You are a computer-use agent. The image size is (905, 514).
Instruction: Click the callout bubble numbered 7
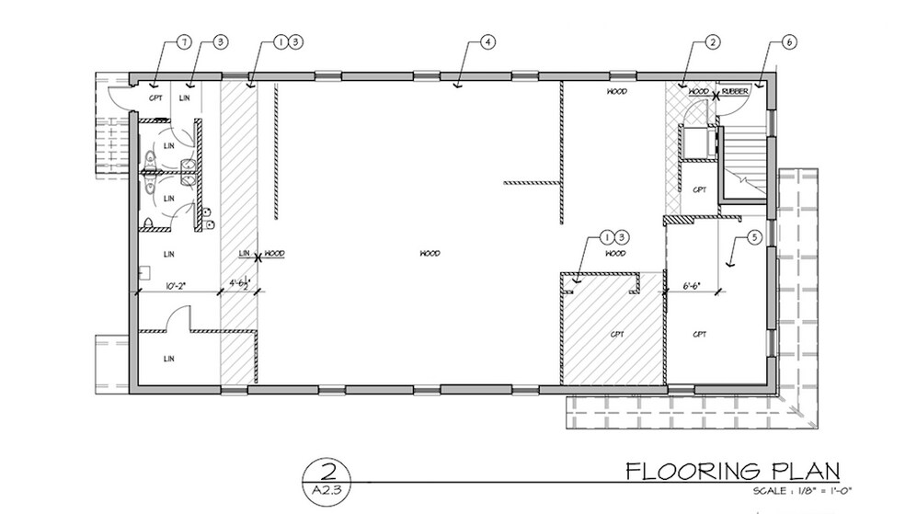point(184,42)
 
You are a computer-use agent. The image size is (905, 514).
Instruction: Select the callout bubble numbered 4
point(487,42)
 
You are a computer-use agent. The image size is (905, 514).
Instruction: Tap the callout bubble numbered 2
point(712,42)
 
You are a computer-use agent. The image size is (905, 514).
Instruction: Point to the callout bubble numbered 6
point(790,42)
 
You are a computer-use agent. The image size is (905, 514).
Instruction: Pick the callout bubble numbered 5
point(754,238)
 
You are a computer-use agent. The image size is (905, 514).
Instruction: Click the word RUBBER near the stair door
point(735,92)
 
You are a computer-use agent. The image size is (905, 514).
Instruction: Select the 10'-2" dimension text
point(177,286)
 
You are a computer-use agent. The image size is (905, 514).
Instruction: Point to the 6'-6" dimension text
point(692,286)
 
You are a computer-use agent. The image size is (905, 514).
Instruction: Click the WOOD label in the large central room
point(430,253)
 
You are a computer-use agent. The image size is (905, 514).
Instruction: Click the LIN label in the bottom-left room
point(168,358)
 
